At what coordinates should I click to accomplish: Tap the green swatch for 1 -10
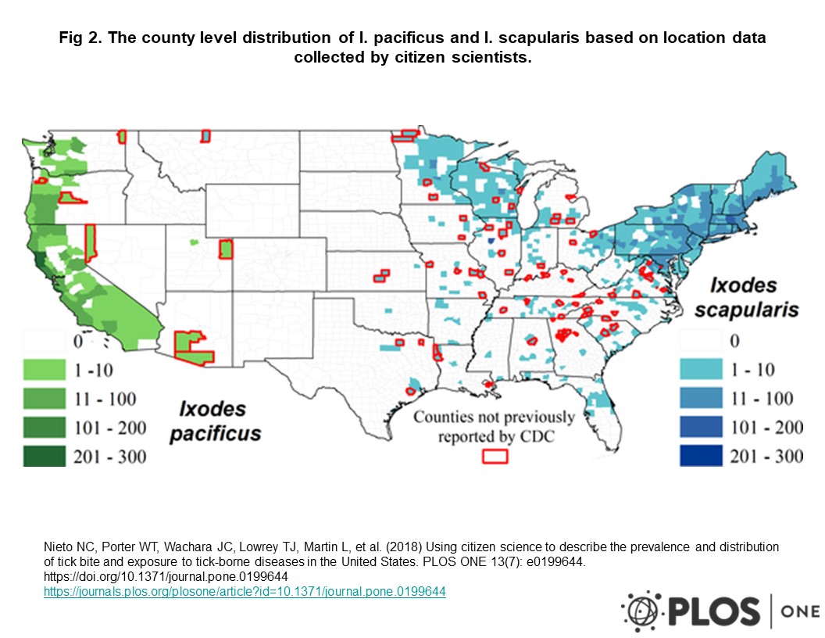pos(46,370)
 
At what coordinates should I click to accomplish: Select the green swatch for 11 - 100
pos(46,399)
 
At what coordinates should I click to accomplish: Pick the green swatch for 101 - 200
pos(46,428)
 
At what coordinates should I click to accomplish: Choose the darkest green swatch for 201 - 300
pos(46,457)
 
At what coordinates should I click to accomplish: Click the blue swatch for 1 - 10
pos(703,370)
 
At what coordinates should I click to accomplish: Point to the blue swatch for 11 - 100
pos(703,399)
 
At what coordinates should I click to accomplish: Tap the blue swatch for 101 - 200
pos(703,428)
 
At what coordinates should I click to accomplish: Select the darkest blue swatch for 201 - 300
pos(703,456)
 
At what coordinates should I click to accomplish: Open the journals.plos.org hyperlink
pos(244,592)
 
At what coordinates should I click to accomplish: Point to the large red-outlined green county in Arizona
pos(193,347)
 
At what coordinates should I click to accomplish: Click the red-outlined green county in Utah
pos(226,250)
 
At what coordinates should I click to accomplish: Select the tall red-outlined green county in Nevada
pos(90,243)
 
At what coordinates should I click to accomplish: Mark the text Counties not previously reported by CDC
pos(494,426)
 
